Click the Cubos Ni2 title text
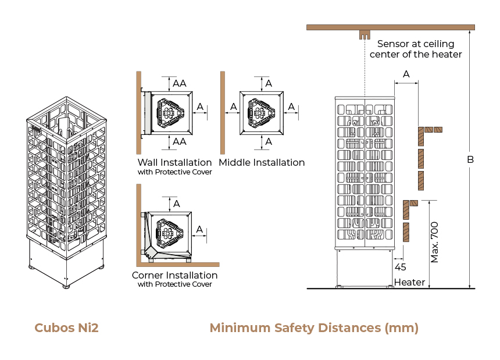(x=66, y=327)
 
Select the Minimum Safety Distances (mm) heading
(x=314, y=327)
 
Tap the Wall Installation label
(x=174, y=162)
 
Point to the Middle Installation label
(x=262, y=162)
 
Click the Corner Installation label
(x=174, y=275)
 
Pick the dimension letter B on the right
(x=471, y=159)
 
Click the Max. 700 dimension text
(x=435, y=242)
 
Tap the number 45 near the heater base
(x=400, y=268)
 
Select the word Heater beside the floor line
(x=409, y=283)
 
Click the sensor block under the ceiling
(x=365, y=34)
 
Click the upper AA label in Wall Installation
(x=180, y=83)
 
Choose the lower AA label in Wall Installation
(x=180, y=141)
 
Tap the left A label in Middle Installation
(x=233, y=106)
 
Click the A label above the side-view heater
(x=406, y=74)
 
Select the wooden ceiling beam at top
(x=390, y=27)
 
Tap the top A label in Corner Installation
(x=177, y=204)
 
